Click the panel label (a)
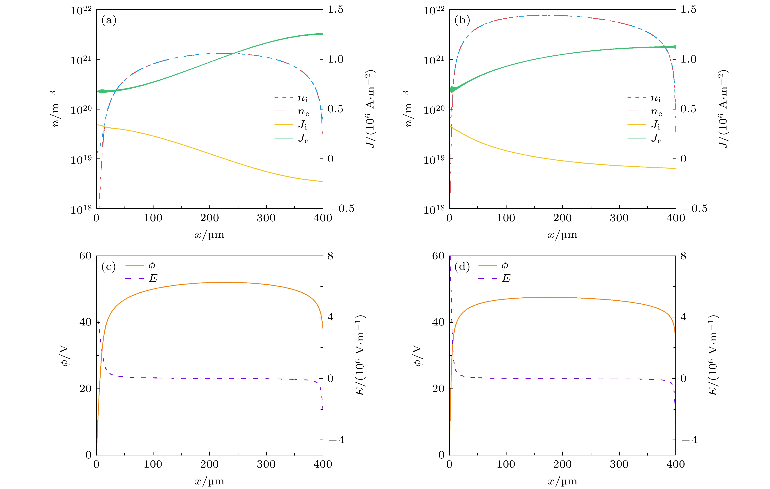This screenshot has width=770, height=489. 109,20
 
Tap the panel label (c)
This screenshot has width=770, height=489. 109,267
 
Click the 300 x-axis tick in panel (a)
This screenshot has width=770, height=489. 266,218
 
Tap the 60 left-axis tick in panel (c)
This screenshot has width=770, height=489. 85,256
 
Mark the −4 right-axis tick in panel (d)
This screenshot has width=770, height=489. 689,440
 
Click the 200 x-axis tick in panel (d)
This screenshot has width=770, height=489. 562,464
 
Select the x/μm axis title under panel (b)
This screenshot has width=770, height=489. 562,235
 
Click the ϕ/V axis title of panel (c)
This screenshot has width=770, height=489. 65,355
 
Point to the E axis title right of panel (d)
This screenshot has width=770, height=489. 713,355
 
